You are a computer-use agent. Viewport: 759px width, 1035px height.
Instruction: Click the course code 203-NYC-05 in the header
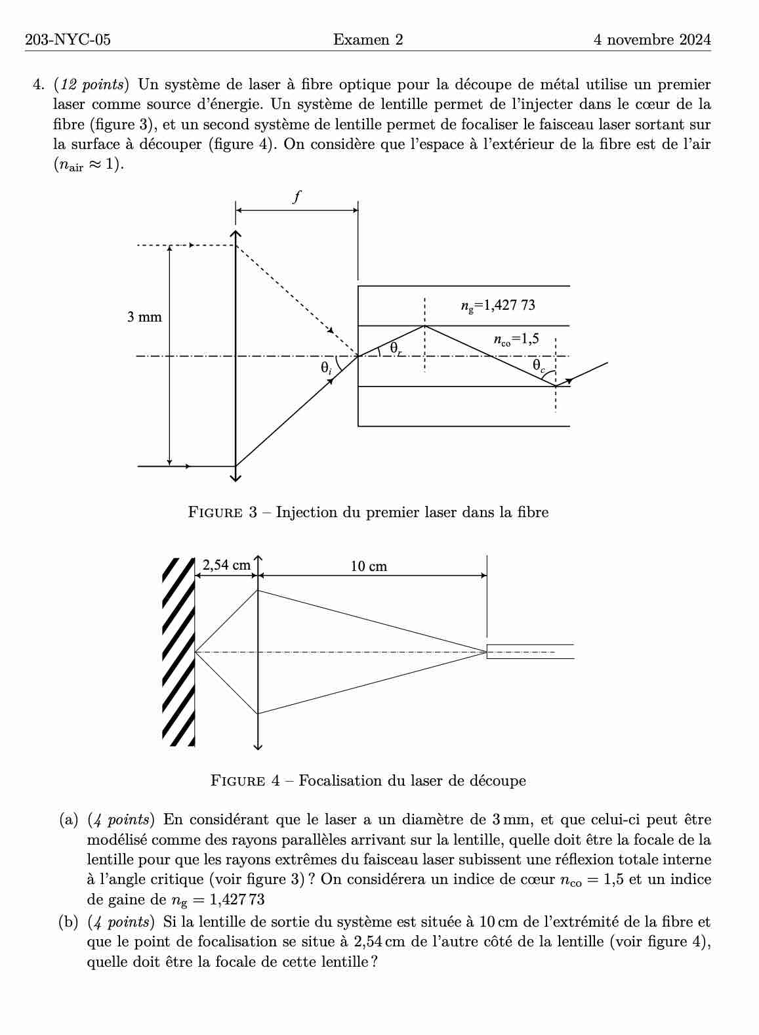(68, 40)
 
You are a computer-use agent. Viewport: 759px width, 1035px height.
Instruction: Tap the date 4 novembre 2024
(651, 40)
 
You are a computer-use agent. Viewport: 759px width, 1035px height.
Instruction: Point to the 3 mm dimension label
(144, 318)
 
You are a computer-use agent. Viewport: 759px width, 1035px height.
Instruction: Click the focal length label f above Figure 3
(297, 196)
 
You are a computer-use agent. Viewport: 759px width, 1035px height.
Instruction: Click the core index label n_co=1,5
(516, 339)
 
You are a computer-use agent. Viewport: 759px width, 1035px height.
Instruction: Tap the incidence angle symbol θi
(326, 369)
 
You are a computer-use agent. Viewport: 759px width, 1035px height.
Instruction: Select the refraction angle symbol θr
(395, 348)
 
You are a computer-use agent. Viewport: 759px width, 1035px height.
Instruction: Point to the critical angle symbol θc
(539, 365)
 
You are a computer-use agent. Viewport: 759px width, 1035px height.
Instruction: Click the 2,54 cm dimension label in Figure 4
(226, 564)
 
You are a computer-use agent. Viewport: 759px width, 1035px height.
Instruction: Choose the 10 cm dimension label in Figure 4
(369, 566)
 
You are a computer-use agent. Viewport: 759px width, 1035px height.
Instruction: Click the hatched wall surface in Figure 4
(178, 652)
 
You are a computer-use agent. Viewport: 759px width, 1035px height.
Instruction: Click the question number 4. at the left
(38, 85)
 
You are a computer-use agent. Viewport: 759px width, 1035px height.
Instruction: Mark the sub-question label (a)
(69, 820)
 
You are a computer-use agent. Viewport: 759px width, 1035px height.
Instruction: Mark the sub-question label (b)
(69, 922)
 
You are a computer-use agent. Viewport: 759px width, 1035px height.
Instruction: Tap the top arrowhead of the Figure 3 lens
(236, 234)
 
